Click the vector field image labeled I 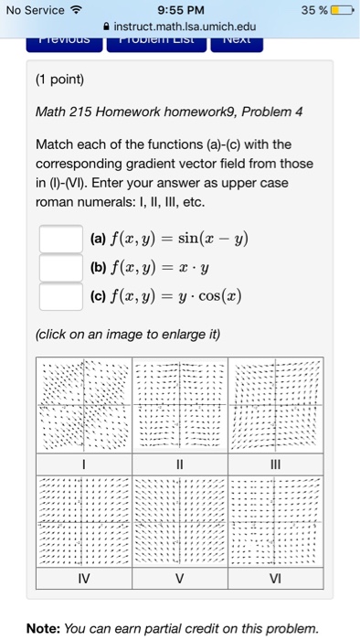point(84,403)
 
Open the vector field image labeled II point(179,403)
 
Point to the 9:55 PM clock point(180,11)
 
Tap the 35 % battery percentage point(314,11)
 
